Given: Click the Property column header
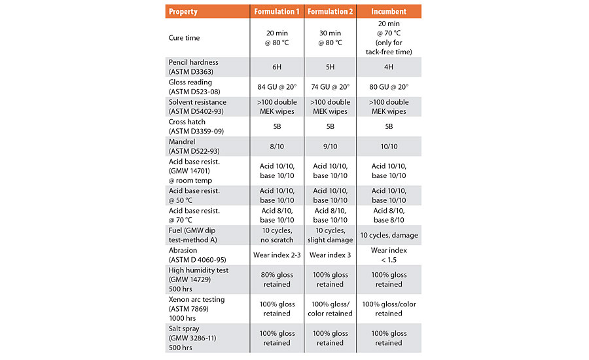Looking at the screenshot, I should tap(183, 11).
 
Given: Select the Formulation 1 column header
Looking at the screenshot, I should tap(277, 11).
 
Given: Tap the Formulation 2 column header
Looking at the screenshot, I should tap(330, 11).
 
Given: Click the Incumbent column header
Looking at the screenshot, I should tap(389, 11).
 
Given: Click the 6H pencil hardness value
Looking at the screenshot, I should tap(277, 66).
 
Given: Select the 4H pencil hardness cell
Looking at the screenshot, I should tap(389, 66).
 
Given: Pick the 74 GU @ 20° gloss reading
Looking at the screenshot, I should tap(330, 86).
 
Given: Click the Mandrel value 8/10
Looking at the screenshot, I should tap(277, 146).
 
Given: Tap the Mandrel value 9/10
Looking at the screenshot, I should tap(330, 146).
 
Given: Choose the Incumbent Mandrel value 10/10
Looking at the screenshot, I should tap(389, 146).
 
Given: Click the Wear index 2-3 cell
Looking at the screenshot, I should tap(277, 255).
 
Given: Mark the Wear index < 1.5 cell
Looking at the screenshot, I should tap(389, 255).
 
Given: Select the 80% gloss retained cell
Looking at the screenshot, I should tap(277, 279).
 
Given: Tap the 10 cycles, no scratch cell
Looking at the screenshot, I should tap(277, 235).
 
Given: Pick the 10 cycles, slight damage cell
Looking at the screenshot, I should tap(330, 235).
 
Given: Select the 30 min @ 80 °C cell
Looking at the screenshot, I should tap(330, 38).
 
